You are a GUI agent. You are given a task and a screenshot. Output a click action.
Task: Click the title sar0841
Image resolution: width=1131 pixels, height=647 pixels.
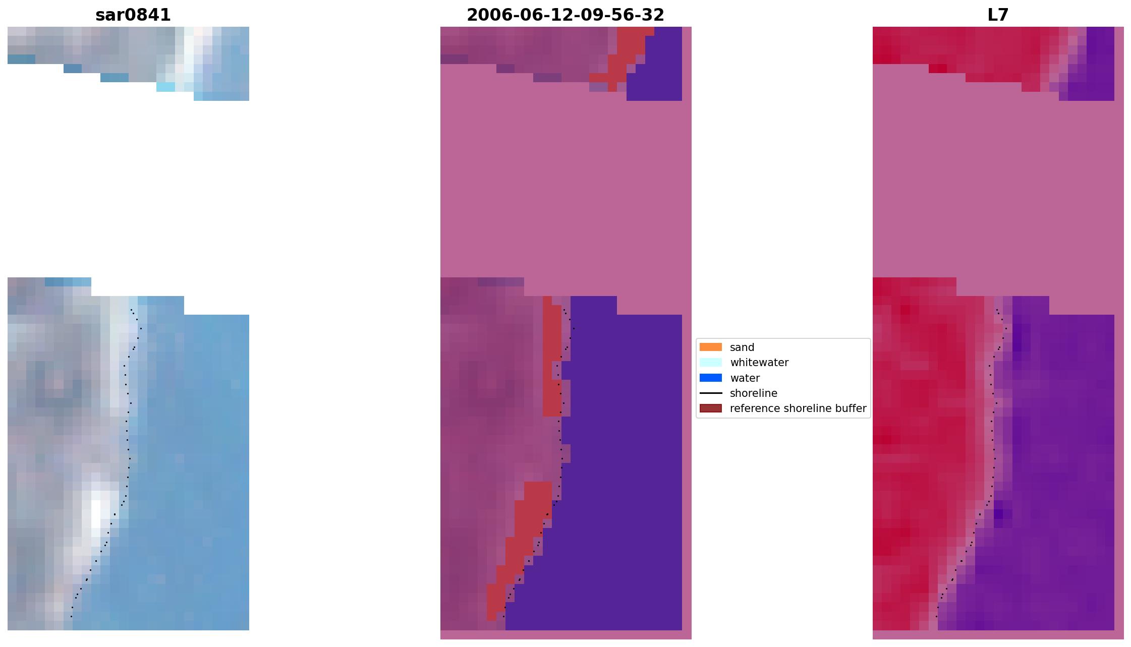coord(133,15)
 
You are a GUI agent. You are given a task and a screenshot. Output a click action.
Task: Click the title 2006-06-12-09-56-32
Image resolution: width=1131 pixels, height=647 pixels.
coord(565,15)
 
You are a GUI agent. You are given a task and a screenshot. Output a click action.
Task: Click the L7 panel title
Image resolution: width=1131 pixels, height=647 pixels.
coord(998,15)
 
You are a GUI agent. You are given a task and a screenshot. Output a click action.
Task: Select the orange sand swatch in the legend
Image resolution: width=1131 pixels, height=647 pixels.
coord(710,347)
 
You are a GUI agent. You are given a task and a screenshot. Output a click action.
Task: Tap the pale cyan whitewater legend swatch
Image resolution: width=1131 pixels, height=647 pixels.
coord(710,362)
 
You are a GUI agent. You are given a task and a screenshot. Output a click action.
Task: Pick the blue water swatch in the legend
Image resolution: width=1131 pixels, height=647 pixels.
coord(710,378)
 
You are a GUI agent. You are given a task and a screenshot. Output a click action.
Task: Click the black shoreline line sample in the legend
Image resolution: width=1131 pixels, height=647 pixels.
coord(710,393)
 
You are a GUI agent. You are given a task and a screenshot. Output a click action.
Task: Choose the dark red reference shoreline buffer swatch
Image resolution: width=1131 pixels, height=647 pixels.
coord(710,408)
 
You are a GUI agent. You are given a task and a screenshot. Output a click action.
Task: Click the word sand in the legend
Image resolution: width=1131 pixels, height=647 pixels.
coord(742,347)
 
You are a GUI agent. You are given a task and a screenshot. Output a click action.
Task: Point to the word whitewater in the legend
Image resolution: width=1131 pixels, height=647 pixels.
coord(759,363)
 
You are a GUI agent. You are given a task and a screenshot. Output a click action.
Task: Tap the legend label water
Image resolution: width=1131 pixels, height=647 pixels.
coord(745,378)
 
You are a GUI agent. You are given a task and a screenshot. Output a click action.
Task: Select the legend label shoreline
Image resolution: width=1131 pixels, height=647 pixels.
coord(753,393)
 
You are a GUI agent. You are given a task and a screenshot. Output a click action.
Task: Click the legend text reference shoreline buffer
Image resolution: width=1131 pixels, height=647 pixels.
coord(798,408)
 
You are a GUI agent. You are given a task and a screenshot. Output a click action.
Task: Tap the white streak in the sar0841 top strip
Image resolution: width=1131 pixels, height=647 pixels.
coord(189,50)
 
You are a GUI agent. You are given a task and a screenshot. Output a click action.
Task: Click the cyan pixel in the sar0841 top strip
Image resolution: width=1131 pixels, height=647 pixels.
coord(165,87)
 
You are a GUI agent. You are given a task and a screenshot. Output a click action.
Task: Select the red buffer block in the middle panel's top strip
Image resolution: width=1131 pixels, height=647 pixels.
coord(631,43)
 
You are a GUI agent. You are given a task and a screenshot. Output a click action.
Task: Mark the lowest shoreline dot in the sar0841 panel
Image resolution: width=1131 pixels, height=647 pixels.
coord(71,616)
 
